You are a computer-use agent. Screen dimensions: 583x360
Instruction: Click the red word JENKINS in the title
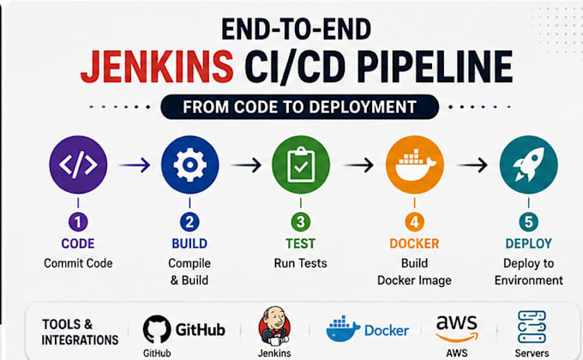[x=157, y=67]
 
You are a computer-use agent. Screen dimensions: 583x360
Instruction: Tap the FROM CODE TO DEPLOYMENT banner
[x=300, y=107]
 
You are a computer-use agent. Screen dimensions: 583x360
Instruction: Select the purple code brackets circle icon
[x=78, y=165]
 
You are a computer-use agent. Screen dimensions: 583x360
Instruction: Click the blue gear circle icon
[x=190, y=165]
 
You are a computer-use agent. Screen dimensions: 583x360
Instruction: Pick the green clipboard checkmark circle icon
[x=301, y=165]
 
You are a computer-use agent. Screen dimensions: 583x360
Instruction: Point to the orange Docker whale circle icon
[x=415, y=165]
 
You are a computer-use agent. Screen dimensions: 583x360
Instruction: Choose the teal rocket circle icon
[x=529, y=165]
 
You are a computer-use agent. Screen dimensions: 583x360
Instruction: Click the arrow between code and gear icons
[x=135, y=165]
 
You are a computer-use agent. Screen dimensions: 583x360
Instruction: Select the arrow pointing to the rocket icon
[x=472, y=165]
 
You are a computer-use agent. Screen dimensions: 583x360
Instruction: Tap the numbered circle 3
[x=301, y=222]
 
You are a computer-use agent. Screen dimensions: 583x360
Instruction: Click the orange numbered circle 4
[x=415, y=222]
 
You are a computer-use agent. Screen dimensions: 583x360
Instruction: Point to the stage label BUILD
[x=189, y=243]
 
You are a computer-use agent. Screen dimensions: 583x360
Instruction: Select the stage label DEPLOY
[x=529, y=243]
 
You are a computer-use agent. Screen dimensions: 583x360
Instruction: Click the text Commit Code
[x=78, y=263]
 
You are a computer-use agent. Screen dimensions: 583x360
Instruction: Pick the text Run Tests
[x=300, y=263]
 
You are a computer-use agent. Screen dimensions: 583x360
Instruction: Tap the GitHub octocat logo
[x=157, y=329]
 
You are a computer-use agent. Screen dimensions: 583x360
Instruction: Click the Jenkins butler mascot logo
[x=274, y=327]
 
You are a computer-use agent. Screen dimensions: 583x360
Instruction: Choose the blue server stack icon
[x=532, y=327]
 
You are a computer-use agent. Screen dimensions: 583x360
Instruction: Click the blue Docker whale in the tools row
[x=343, y=329]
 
